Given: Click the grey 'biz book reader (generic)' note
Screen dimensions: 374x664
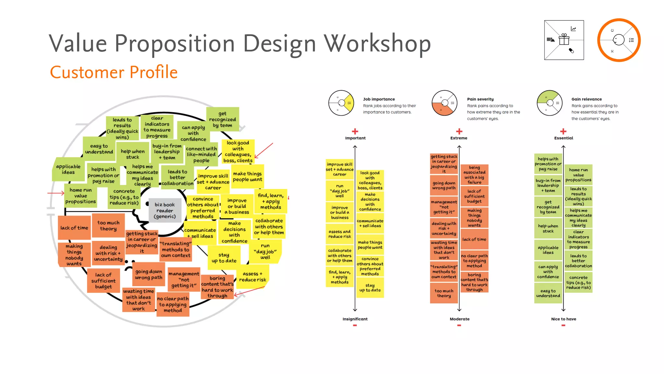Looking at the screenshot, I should coord(165,210).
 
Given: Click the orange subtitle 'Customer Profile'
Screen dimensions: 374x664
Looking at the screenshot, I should coord(114,72).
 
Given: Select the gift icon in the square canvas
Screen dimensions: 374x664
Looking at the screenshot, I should coord(564,40).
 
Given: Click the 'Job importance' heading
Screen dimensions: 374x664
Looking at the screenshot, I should coord(379,99).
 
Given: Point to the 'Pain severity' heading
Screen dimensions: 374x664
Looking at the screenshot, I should coord(480,99).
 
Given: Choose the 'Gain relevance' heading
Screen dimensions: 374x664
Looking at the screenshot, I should coord(586,99).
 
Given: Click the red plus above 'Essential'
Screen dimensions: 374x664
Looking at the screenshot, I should coord(563,131).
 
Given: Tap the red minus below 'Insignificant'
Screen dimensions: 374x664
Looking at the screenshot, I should coord(355,325).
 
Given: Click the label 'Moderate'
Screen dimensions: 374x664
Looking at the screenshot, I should coord(459,319).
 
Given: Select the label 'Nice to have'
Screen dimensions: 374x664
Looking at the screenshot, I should coord(563,319).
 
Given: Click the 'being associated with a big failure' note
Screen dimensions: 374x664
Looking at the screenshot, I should coord(474,175).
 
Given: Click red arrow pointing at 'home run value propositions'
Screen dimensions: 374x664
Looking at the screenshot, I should coord(56,193).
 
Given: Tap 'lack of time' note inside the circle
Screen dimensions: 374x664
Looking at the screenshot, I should coord(74,228).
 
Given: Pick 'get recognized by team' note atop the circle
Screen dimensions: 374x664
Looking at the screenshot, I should coord(222,119).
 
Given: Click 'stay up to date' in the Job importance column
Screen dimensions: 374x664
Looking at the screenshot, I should coord(370,288).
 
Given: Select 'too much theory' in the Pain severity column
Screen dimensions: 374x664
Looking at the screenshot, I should coord(444,293).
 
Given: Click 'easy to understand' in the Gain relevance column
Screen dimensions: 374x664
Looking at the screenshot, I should coord(548,293).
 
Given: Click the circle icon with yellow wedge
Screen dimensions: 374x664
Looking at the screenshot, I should coord(341,103).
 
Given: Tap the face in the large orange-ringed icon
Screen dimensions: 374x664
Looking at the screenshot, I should coord(619,40).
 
